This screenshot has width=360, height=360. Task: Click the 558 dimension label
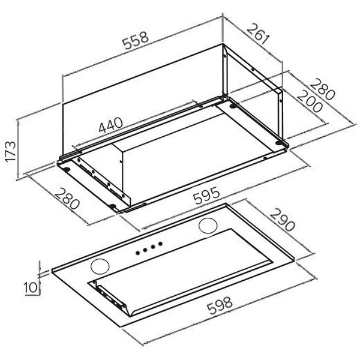point(136,40)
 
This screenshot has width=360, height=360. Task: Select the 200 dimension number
point(310,101)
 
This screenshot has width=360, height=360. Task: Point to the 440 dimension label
point(110,125)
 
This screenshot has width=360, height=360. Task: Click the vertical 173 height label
point(11,152)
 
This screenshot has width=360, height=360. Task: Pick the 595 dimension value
point(206,196)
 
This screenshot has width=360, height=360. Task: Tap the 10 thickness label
point(31,287)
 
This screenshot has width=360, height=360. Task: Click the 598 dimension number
point(220,306)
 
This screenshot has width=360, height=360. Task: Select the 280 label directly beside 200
point(322,89)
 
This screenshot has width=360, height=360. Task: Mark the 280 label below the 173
point(67,199)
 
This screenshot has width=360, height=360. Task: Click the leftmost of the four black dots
point(138,253)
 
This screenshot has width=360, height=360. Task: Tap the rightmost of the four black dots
point(160,244)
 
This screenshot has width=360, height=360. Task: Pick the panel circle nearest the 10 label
point(100,266)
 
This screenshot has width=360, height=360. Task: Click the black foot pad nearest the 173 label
point(67,170)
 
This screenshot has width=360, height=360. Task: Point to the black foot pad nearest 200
point(279,143)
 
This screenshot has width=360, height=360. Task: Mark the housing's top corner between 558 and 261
point(223,43)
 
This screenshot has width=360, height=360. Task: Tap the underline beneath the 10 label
point(31,295)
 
